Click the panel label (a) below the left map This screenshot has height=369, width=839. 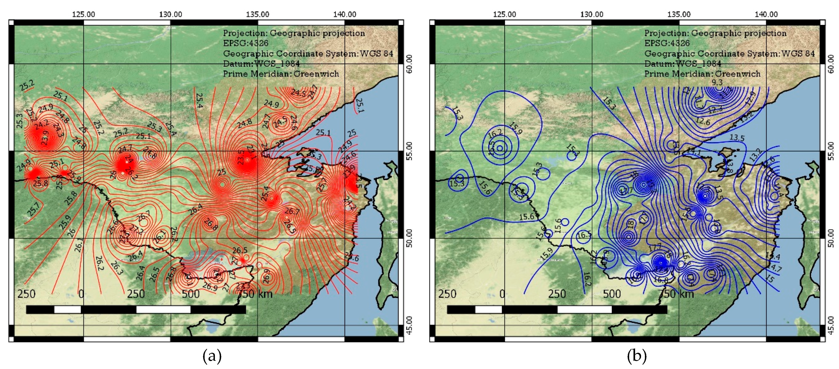[212, 356]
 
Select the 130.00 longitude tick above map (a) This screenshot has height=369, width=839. [170, 14]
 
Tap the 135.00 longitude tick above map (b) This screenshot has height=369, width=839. [679, 14]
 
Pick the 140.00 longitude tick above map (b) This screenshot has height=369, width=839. [766, 14]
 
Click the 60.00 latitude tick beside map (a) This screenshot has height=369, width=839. [409, 64]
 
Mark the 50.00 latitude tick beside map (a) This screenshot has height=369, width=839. [409, 238]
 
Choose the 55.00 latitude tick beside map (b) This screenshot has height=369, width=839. [831, 151]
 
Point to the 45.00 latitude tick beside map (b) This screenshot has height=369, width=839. [831, 325]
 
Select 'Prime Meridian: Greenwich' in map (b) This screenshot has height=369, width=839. [702, 74]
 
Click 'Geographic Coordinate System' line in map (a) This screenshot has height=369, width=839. [308, 53]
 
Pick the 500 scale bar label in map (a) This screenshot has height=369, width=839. [191, 294]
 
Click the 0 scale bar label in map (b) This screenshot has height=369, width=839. [502, 294]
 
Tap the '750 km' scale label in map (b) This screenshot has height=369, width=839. [676, 294]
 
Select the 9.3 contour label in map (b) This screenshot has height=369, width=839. [717, 82]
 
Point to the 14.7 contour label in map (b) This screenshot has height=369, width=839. [775, 269]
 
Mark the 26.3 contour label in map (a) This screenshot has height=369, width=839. [117, 268]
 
